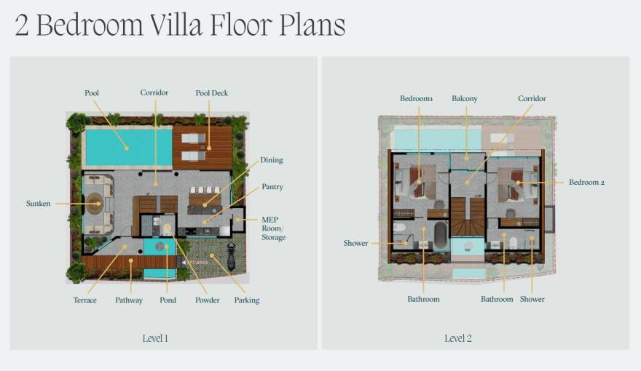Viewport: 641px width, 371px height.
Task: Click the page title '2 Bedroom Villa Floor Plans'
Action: coord(180,25)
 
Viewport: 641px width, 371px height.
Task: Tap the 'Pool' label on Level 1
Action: coord(92,93)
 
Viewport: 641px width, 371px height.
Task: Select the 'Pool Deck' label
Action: coord(211,93)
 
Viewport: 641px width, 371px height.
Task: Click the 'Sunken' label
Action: coord(39,204)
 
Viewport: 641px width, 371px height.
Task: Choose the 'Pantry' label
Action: coord(272,188)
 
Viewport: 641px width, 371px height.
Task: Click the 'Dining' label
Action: coord(271,160)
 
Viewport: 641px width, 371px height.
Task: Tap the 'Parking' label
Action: coord(247,300)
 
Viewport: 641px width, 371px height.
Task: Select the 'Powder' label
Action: coord(207,300)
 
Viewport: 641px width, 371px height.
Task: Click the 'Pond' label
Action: coord(168,300)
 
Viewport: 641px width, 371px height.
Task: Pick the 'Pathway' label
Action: coord(129,300)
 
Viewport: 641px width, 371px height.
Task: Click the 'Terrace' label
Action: coord(84,300)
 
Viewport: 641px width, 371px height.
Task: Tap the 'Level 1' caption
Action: coord(155,338)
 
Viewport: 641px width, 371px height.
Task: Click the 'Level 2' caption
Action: coord(458,338)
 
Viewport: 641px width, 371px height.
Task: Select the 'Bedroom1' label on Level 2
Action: coord(417,99)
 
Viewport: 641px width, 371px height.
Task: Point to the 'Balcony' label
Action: coord(465,99)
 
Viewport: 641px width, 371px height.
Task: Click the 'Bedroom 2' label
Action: coord(587,183)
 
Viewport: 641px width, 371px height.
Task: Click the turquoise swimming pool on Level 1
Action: coord(120,147)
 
